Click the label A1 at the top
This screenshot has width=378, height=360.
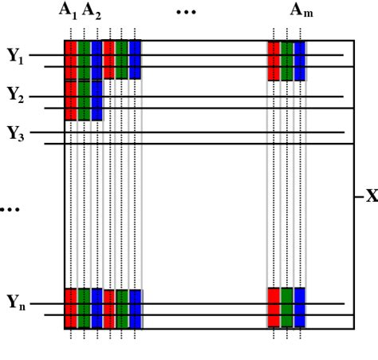(x=69, y=10)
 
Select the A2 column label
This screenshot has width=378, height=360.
(x=93, y=10)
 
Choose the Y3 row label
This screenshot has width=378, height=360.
(x=16, y=133)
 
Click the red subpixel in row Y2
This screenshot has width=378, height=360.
(x=71, y=100)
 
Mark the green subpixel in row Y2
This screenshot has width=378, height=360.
(x=84, y=100)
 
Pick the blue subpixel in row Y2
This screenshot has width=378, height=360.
(x=96, y=100)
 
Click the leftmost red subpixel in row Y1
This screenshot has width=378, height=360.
(x=71, y=60)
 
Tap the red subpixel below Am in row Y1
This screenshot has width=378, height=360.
(x=274, y=60)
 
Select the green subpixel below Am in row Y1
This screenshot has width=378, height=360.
(x=287, y=60)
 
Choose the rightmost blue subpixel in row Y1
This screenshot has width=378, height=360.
(x=300, y=60)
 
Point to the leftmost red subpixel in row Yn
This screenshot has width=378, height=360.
(x=71, y=307)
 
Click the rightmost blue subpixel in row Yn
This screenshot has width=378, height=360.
(x=300, y=307)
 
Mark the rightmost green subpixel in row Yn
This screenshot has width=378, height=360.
(x=287, y=307)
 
